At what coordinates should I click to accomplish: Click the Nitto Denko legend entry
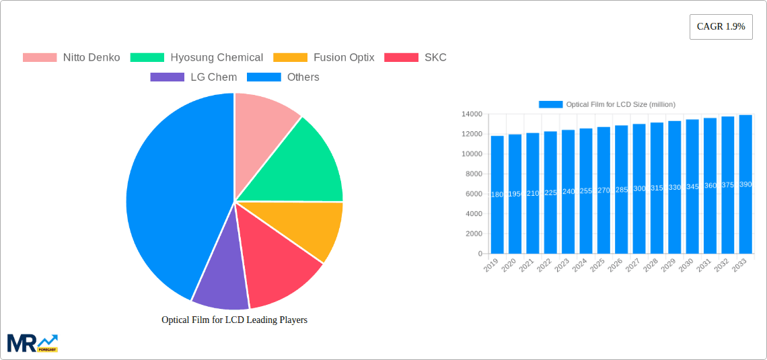[71, 57]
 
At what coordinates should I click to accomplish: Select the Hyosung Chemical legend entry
[196, 57]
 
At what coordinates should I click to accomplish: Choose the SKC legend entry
[415, 57]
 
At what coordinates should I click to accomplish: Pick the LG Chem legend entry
[194, 77]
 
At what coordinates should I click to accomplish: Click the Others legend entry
[283, 77]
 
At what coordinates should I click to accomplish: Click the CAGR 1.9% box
[721, 27]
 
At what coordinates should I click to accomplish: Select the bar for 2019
[497, 194]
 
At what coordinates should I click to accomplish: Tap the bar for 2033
[745, 184]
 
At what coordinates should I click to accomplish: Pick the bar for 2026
[621, 190]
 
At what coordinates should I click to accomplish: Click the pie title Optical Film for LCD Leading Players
[234, 320]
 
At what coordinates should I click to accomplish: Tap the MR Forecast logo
[32, 343]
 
